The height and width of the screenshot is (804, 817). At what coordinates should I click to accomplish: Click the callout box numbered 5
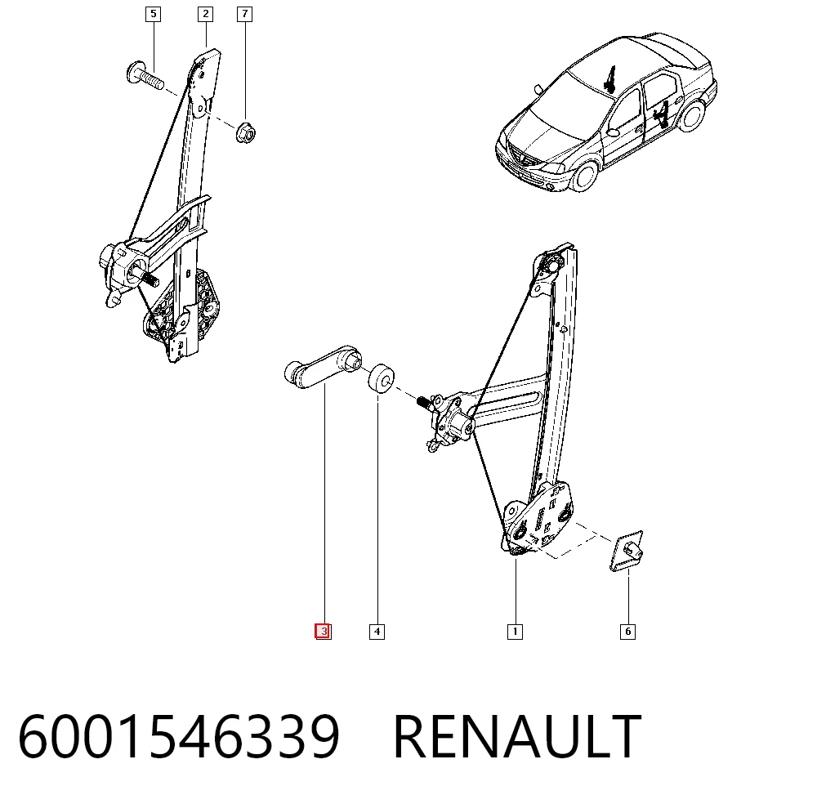point(153,14)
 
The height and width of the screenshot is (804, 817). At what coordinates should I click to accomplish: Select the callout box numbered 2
point(205,14)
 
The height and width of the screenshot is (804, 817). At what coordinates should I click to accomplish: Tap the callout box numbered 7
point(244,14)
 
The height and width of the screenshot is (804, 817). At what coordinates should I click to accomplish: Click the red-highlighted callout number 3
point(323,632)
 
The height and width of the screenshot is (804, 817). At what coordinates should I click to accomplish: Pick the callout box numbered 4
point(377,632)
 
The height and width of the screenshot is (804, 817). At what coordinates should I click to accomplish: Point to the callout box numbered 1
point(515,632)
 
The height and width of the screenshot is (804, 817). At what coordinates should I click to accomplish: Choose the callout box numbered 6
point(627,632)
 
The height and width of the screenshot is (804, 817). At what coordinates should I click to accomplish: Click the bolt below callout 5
point(145,76)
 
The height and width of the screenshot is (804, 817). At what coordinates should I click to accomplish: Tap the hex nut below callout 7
point(245,132)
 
